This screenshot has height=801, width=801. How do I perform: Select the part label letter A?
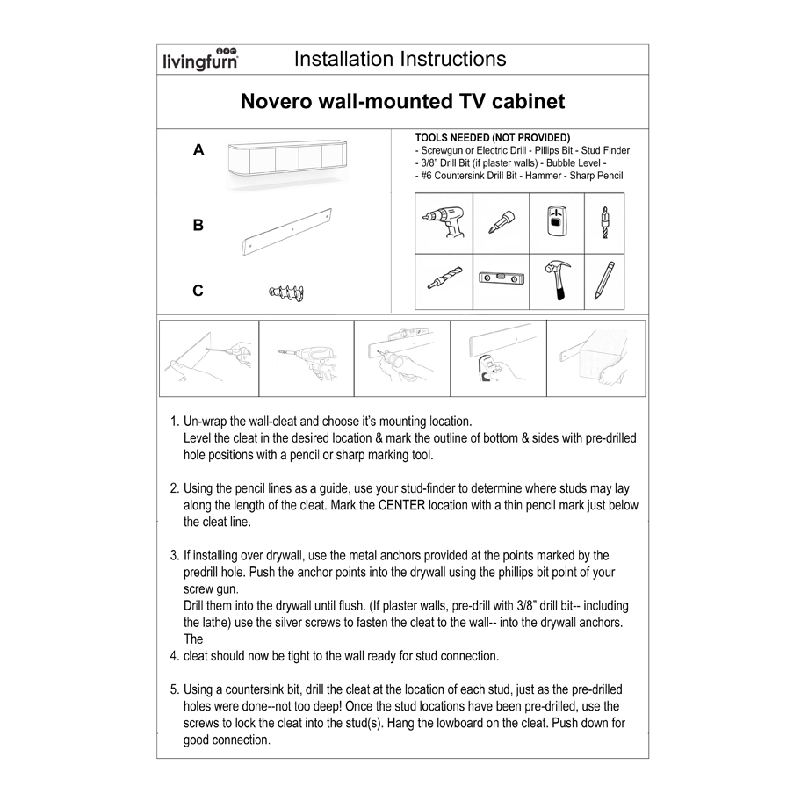click(x=198, y=150)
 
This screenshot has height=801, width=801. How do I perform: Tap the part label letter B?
click(x=198, y=225)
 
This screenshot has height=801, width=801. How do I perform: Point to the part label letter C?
click(x=198, y=291)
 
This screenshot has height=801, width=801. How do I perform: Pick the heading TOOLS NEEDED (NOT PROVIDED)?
click(x=493, y=138)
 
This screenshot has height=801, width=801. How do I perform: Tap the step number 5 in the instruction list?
click(x=174, y=689)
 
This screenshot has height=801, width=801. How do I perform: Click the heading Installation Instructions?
click(x=400, y=59)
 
